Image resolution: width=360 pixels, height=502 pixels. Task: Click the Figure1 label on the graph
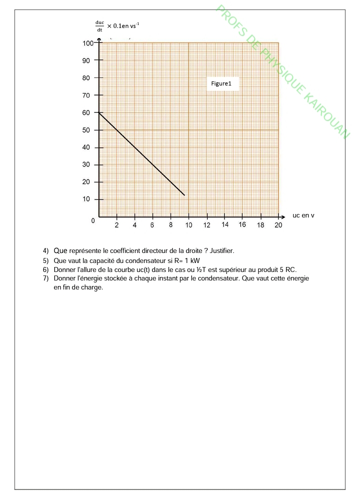pyautogui.click(x=221, y=84)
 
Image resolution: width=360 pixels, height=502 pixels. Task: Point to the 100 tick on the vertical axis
pyautogui.click(x=88, y=43)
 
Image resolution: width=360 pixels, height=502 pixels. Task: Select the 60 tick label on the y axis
pyautogui.click(x=86, y=113)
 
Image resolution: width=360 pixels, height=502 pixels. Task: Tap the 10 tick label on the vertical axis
pyautogui.click(x=86, y=199)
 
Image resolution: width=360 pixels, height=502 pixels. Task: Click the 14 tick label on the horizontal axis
pyautogui.click(x=225, y=225)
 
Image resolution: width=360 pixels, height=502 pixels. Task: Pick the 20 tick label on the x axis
pyautogui.click(x=278, y=225)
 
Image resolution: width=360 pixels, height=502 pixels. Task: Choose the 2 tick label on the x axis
pyautogui.click(x=116, y=225)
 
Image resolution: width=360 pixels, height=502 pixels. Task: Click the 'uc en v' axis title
pyautogui.click(x=303, y=215)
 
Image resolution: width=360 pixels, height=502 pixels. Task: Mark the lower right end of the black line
pyautogui.click(x=184, y=195)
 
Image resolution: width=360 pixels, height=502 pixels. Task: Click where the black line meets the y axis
pyautogui.click(x=99, y=113)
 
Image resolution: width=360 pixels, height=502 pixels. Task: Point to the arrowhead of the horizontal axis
pyautogui.click(x=282, y=217)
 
